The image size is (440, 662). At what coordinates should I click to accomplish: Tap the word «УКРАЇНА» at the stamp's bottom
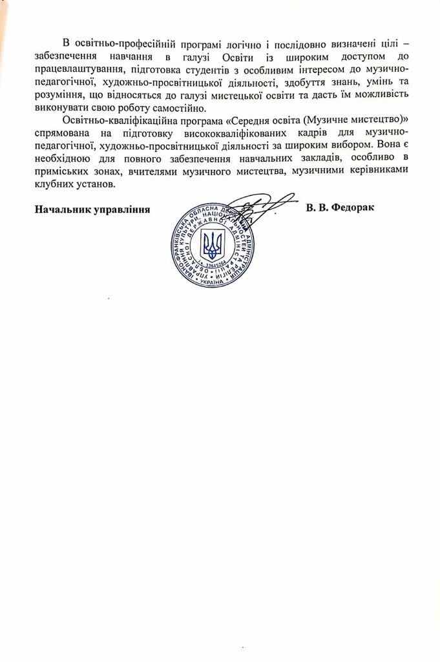tap(213, 283)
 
